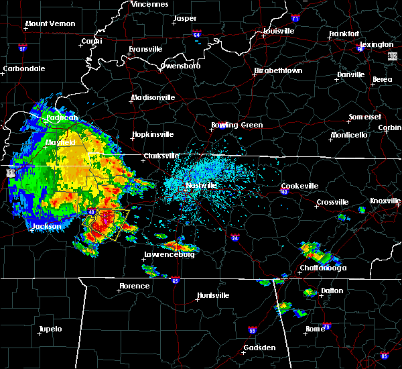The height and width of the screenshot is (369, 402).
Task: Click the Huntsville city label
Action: tap(212, 295)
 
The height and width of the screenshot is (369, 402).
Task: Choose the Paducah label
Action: tap(62, 117)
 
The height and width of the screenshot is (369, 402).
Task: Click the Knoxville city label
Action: tap(385, 201)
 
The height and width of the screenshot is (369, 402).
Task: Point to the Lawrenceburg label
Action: tap(170, 255)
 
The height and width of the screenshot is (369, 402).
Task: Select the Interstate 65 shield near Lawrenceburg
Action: tap(175, 279)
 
